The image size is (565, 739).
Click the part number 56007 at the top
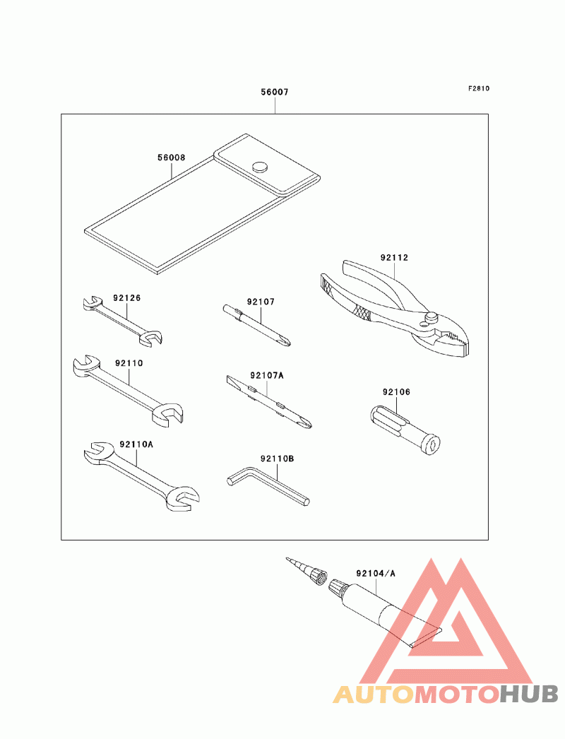tap(275, 93)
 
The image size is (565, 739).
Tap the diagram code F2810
tap(478, 89)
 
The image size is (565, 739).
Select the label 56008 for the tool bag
tap(171, 158)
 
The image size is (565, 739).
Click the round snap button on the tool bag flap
tap(259, 167)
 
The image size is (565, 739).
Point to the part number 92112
tap(394, 258)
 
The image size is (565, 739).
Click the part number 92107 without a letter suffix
tap(261, 302)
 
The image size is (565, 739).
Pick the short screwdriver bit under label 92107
tap(257, 326)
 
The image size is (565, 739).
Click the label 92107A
tap(266, 376)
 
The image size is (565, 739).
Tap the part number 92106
tap(396, 391)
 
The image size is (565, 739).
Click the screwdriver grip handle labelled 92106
tap(403, 427)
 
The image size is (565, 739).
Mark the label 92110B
tap(276, 459)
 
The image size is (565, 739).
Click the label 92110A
tap(136, 444)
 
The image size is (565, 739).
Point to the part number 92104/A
tap(376, 573)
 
